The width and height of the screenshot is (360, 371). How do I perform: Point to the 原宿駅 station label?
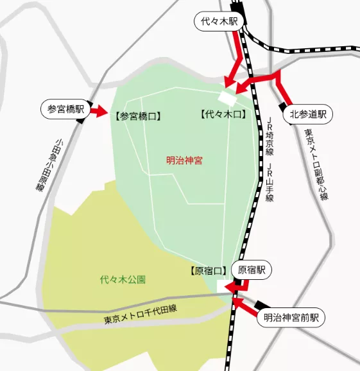252,270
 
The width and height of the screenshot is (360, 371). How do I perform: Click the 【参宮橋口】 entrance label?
136,116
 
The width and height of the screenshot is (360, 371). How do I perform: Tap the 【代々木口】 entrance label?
223,115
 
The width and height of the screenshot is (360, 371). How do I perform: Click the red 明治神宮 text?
184,160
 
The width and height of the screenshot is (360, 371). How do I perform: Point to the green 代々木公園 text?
123,280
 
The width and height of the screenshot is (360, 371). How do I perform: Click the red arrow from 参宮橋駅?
99,112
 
